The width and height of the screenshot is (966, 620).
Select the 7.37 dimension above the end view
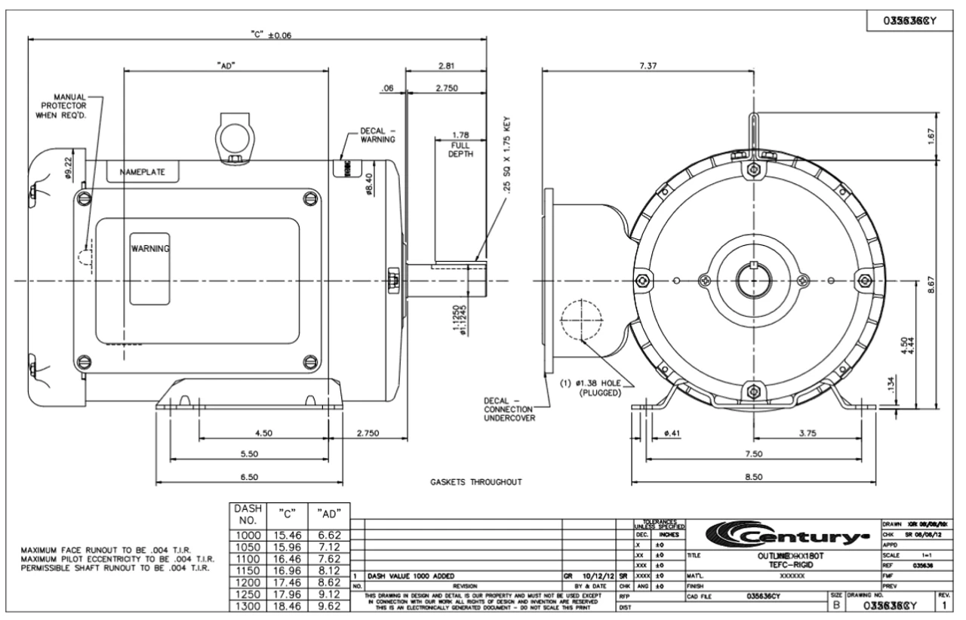(647, 66)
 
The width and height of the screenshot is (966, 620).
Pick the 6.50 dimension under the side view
(249, 477)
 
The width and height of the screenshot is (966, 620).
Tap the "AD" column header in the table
(329, 514)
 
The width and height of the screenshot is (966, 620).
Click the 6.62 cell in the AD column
(330, 534)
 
